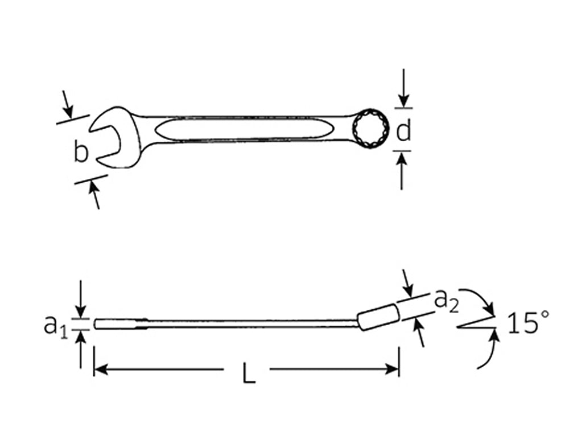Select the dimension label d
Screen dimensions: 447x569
(403, 132)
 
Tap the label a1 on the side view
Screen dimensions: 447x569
(56, 325)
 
